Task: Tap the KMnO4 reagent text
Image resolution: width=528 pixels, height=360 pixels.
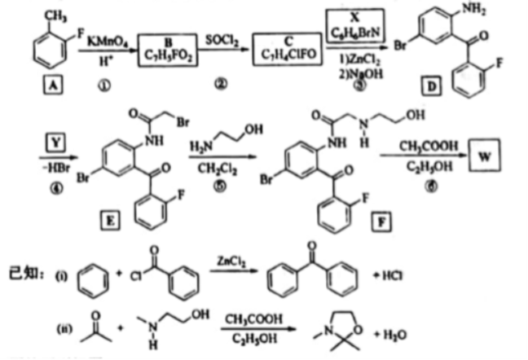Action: [x=101, y=40]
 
